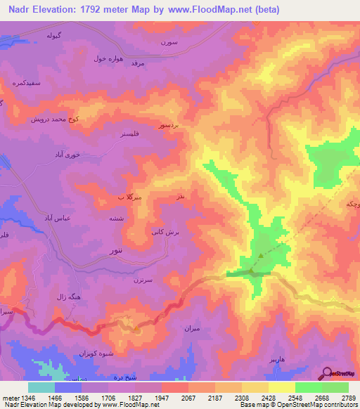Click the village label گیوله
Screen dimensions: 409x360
58,34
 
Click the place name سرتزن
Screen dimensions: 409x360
143,280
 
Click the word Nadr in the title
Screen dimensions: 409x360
21,10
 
